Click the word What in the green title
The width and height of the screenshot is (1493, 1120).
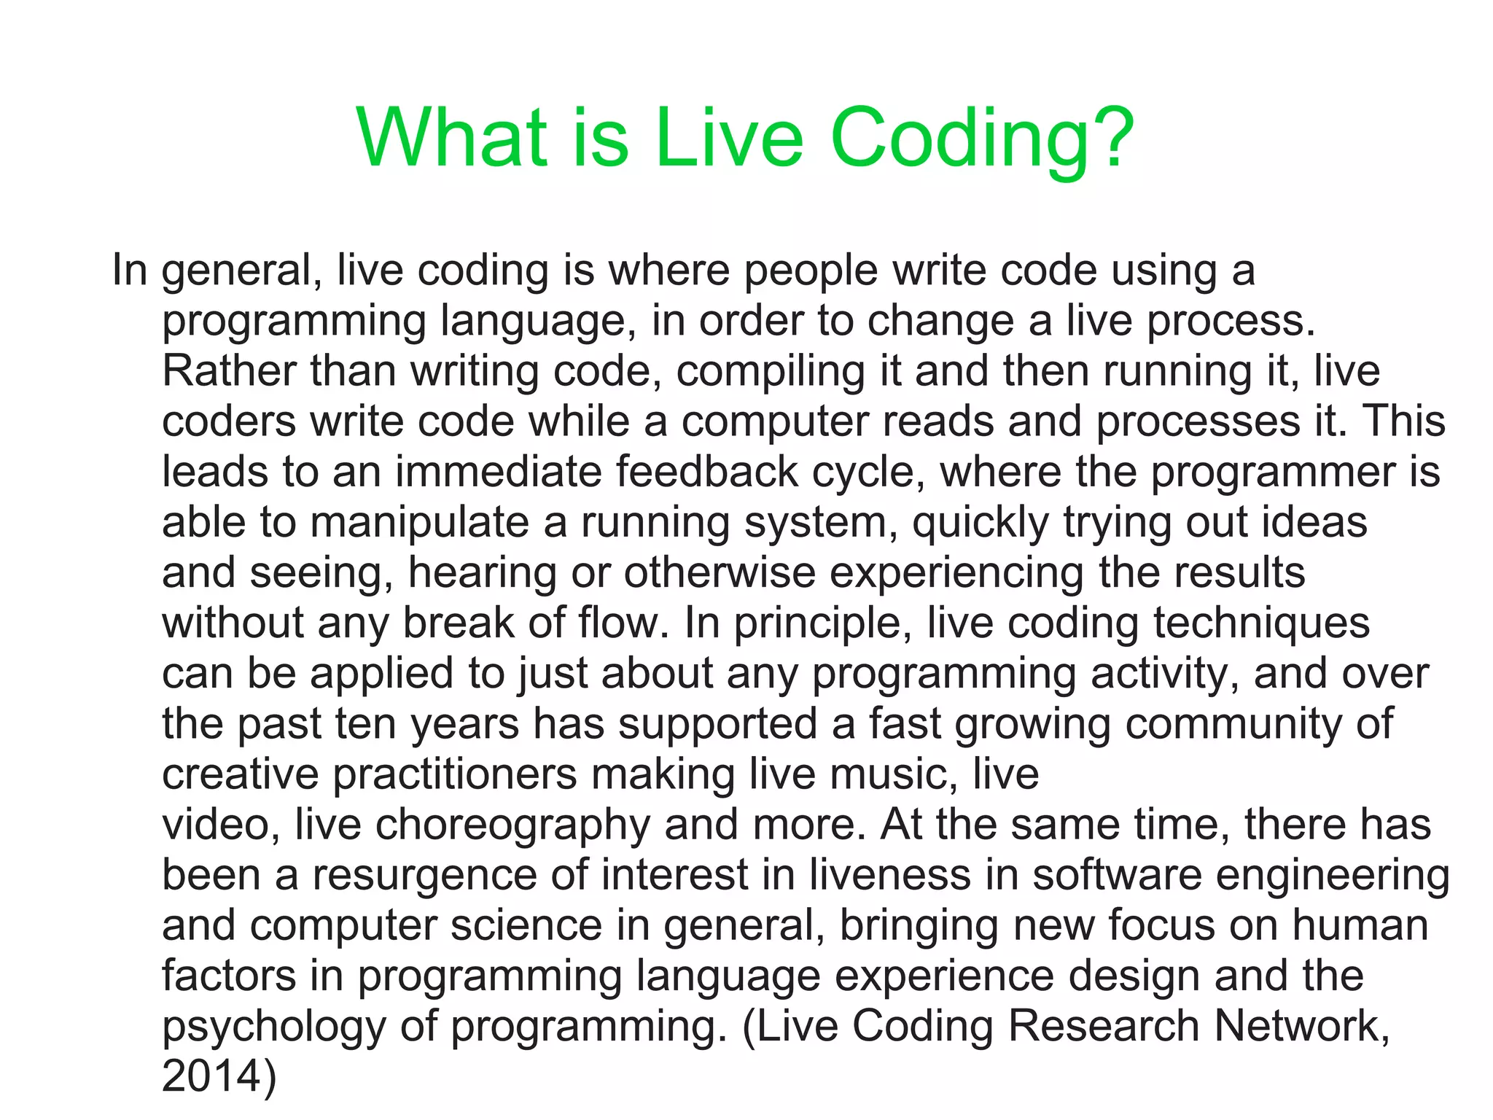(x=452, y=139)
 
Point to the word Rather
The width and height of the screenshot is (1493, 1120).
(x=229, y=371)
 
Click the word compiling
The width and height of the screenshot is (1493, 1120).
(x=770, y=373)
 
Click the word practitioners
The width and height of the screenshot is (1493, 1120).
(x=455, y=774)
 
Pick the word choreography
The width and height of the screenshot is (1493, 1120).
(x=512, y=825)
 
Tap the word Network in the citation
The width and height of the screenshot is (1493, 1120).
(x=1302, y=1026)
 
